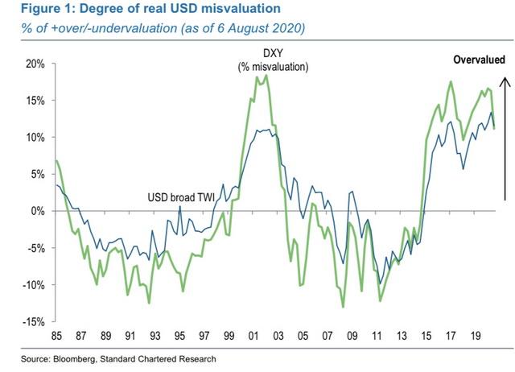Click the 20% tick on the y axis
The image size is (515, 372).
point(35,64)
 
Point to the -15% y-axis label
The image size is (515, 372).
point(32,321)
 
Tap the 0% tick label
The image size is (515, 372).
point(37,211)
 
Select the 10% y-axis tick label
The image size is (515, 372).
point(35,137)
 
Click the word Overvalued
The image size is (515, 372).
point(480,60)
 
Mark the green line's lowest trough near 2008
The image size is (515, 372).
point(344,307)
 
